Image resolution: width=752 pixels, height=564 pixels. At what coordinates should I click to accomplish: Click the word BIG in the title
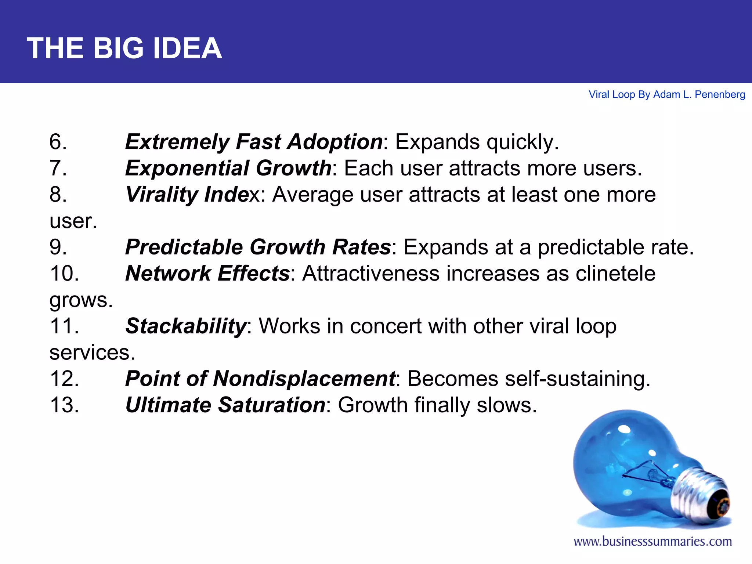pos(118,48)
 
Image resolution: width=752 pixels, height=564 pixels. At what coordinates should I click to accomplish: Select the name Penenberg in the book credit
pos(720,95)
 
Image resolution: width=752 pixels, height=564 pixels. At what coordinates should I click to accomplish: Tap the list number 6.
pos(58,142)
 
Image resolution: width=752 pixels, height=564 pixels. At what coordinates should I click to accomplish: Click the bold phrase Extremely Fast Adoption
pos(254,142)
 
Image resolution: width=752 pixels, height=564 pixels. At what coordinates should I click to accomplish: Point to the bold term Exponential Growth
pos(228,168)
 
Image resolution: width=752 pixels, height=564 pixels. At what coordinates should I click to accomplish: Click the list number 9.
pos(58,247)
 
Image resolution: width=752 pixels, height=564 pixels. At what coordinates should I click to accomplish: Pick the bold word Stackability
pos(186,326)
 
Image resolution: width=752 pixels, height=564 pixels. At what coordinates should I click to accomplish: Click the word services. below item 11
pos(92,352)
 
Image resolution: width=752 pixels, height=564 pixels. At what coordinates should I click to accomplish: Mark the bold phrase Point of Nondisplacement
pos(260,379)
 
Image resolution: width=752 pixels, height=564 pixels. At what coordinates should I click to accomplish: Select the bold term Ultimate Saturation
pos(225,405)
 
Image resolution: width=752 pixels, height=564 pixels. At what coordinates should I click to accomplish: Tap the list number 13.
pos(64,405)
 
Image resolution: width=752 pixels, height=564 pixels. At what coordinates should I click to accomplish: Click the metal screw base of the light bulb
pos(698,492)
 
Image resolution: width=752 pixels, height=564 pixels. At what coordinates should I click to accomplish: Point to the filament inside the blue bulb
pos(646,474)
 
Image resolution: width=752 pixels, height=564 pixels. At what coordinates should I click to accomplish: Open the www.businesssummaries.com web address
pos(652,542)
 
